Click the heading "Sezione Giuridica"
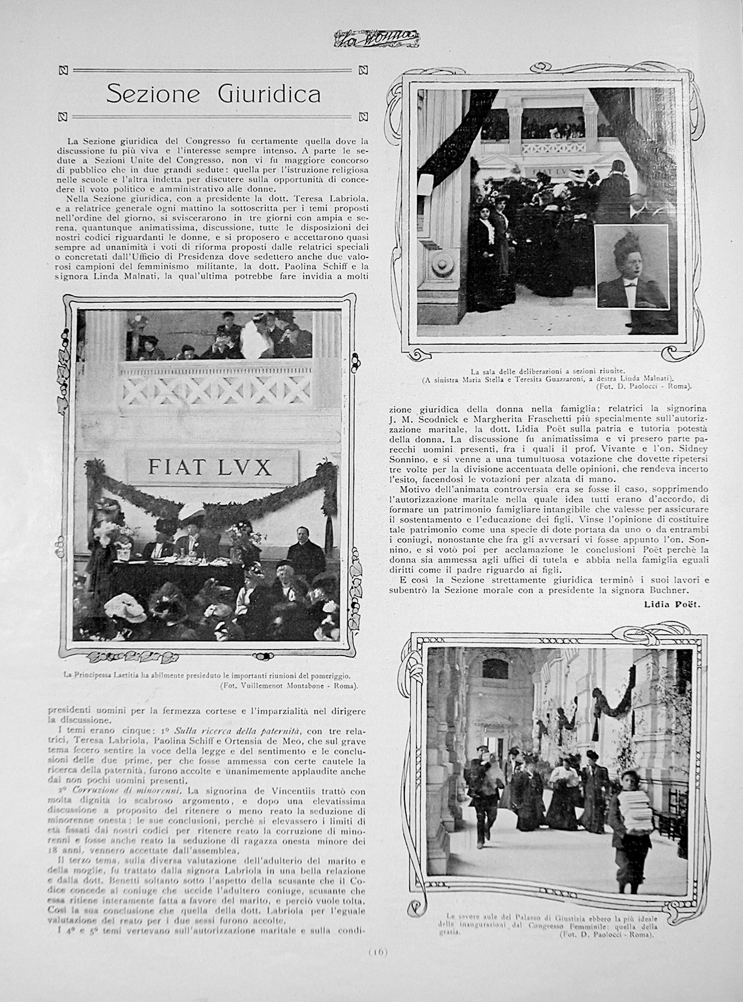point(213,93)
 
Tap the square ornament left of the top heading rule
point(62,70)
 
